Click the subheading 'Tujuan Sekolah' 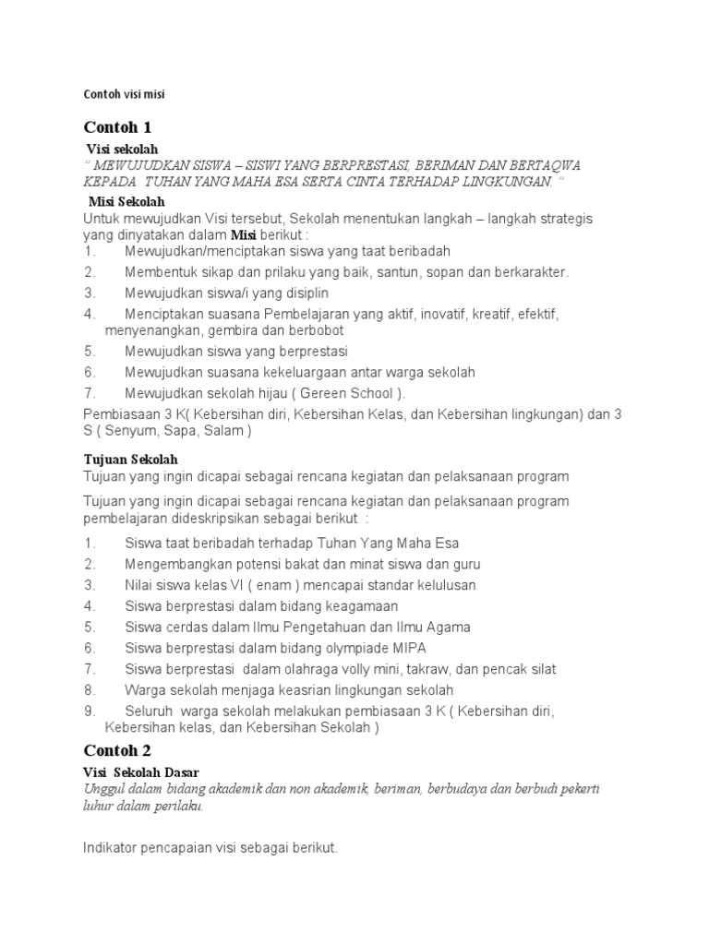coord(130,459)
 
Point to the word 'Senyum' coord(130,430)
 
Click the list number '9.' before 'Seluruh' coord(90,711)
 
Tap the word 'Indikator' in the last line coord(112,846)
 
